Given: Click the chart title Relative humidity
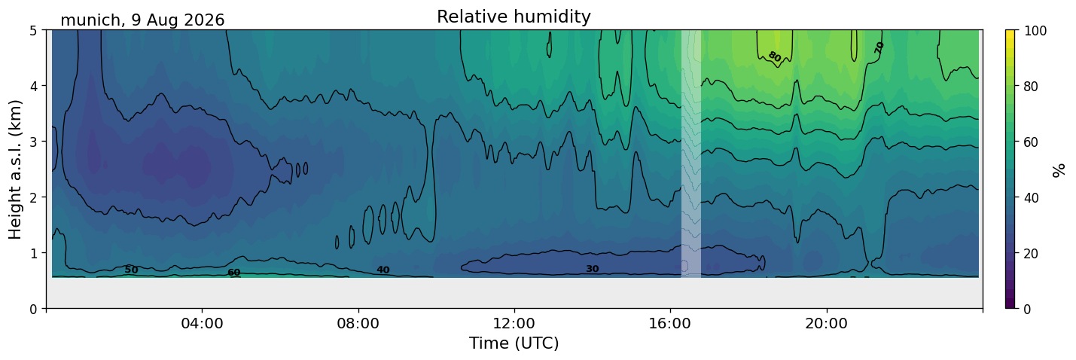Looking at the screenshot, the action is [514, 17].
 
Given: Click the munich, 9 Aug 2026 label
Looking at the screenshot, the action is [142, 20].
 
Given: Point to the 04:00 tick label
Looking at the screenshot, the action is [203, 323].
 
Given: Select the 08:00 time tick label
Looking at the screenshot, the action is [358, 323].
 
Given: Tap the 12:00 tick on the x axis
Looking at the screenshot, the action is [514, 323].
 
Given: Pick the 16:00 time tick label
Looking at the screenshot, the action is [671, 323].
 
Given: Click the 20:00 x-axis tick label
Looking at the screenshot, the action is [827, 323].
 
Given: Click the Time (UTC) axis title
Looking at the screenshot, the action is [514, 343].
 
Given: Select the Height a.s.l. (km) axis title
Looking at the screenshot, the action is [15, 169].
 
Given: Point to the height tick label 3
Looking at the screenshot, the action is [33, 142].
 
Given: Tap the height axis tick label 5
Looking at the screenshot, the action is [33, 31].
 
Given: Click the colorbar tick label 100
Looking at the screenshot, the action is [1035, 31].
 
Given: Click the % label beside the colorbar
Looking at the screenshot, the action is [1059, 170].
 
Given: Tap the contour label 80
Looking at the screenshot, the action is [774, 56].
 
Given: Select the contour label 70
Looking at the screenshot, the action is [879, 47].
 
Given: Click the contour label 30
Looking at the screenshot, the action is [593, 269].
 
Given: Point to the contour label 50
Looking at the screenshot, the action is [131, 270].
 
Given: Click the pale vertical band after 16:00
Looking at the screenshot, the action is [690, 154].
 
